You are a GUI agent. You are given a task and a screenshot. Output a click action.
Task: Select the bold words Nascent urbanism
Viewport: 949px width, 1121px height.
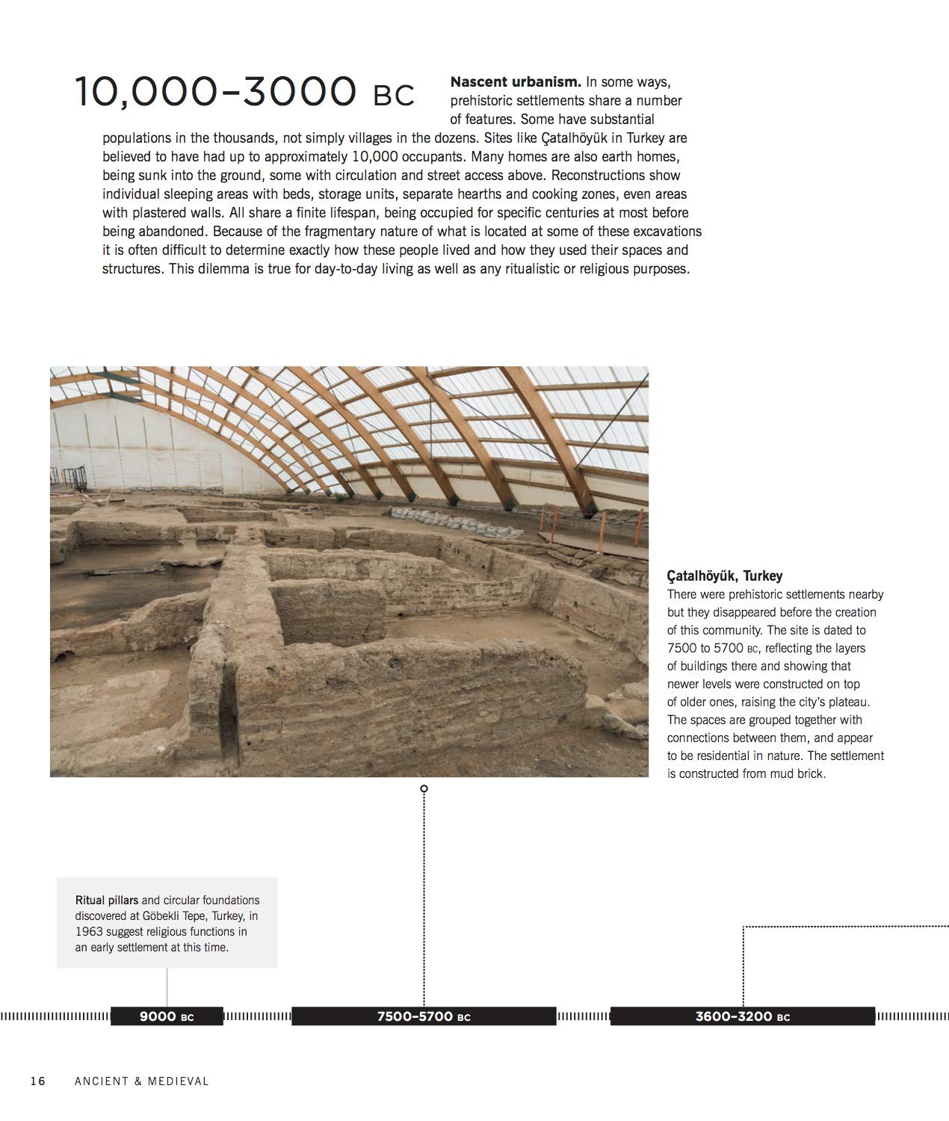click(x=516, y=81)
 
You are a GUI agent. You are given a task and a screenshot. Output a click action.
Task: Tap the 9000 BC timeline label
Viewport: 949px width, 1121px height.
click(x=167, y=1016)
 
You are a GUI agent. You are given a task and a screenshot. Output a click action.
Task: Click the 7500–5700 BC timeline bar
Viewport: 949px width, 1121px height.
click(x=424, y=1016)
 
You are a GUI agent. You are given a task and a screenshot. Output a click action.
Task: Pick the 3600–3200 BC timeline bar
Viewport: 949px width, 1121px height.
click(x=742, y=1016)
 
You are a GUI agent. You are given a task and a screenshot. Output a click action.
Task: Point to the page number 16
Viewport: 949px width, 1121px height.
click(x=38, y=1081)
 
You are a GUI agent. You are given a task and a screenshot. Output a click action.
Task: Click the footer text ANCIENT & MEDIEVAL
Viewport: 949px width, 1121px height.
click(x=141, y=1081)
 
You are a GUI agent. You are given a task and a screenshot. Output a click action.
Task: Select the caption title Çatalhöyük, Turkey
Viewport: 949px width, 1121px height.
click(x=724, y=576)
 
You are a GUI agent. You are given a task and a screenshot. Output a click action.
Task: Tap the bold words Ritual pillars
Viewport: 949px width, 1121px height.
click(x=107, y=900)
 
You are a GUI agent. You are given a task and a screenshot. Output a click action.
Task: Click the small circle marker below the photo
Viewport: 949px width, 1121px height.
click(x=424, y=788)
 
